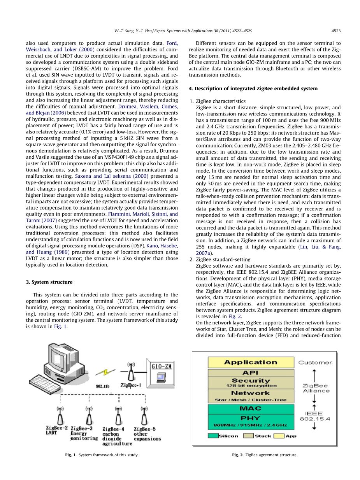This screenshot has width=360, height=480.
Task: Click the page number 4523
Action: point(336,31)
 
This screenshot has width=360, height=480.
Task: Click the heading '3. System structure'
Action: point(49,282)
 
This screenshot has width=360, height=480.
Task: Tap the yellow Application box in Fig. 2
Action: point(251,363)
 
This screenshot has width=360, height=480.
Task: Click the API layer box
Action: point(251,373)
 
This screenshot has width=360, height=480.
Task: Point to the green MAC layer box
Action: point(251,408)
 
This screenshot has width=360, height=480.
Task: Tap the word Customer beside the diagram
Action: point(315,363)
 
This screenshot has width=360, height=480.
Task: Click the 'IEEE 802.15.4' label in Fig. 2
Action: point(315,416)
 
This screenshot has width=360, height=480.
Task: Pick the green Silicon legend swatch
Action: point(213,436)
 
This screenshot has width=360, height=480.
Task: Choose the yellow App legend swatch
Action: point(279,436)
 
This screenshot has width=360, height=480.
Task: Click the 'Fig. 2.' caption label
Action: point(237,455)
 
